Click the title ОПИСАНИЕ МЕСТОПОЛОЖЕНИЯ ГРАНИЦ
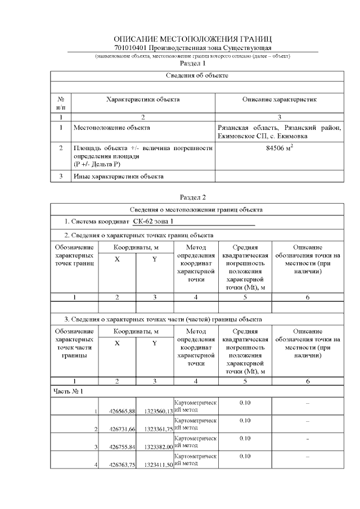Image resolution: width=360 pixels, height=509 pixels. pos(193,39)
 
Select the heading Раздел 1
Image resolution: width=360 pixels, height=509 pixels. pos(192,64)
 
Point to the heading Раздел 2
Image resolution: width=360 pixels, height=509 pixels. pos(192,197)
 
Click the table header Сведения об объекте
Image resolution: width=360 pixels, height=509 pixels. pos(196,75)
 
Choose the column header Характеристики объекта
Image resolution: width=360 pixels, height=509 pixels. pos(143,99)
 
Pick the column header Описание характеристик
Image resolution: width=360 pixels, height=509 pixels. pos(279,99)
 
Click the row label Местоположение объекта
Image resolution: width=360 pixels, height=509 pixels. pos(112,128)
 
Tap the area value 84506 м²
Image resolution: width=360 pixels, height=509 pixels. pos(279,148)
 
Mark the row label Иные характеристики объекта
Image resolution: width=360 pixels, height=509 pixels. pos(119,177)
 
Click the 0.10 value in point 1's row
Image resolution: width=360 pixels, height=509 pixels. pos(244,403)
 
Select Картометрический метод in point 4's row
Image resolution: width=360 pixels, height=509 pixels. pos(195,460)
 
